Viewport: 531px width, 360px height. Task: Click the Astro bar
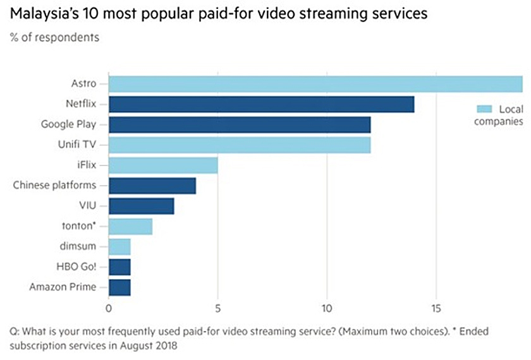click(x=315, y=84)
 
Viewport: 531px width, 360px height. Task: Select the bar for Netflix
click(x=261, y=104)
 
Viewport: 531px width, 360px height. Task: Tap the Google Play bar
click(x=240, y=124)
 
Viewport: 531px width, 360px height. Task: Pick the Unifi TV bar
click(x=240, y=145)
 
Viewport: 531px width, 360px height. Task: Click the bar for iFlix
click(x=163, y=165)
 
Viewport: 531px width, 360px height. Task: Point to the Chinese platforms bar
click(x=152, y=186)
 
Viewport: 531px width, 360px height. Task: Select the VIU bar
click(x=142, y=206)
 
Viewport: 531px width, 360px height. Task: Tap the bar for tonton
click(x=131, y=226)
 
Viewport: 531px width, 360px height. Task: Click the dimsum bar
click(x=119, y=246)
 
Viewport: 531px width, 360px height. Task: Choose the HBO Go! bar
click(x=119, y=267)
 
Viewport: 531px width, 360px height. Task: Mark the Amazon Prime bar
click(x=119, y=287)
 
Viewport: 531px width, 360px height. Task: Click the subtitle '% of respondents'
click(x=54, y=37)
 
